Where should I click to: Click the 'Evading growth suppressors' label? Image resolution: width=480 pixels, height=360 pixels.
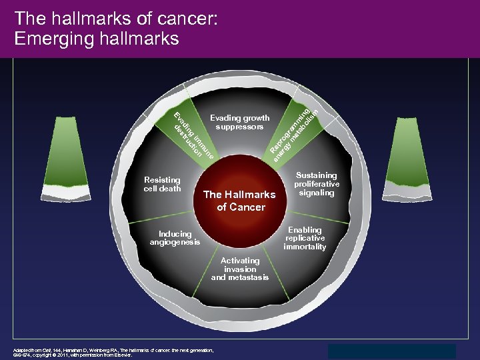239,122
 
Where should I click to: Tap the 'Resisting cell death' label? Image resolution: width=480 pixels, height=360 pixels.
162,184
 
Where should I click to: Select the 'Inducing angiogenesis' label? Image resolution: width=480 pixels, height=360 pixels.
175,238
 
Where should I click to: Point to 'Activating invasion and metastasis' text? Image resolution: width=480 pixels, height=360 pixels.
240,269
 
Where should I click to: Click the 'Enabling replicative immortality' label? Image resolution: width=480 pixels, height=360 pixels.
305,238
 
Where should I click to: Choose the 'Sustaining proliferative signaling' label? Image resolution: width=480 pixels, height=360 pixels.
317,183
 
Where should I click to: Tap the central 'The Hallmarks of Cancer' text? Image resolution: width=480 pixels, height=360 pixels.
239,201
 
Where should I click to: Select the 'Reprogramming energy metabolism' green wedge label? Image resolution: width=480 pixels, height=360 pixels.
291,131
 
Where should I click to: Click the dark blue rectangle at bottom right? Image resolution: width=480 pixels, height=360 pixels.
392,351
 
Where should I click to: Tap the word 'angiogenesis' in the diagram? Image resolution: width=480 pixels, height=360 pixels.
175,242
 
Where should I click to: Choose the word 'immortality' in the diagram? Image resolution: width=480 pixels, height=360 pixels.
305,247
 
